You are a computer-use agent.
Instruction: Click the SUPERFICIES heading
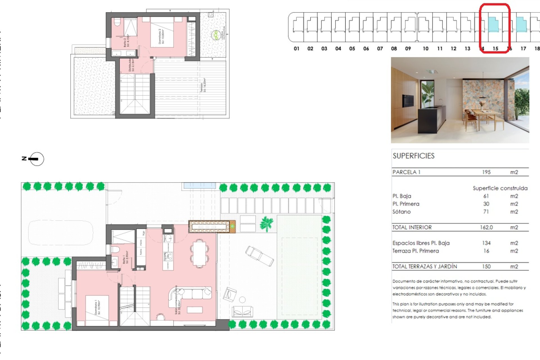413,156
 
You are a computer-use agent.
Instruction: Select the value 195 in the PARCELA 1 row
486,172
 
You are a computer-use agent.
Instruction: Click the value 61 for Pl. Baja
486,196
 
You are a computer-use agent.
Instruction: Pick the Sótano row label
401,212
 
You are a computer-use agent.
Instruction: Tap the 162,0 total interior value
486,227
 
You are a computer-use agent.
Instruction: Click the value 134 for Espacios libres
486,243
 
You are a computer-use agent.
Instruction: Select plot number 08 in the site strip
394,49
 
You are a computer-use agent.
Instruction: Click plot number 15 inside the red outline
495,49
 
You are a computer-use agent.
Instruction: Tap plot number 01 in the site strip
296,49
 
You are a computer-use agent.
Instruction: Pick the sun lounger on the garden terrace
259,256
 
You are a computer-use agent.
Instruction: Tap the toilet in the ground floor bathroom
115,249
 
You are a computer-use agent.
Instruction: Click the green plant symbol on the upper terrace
215,35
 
